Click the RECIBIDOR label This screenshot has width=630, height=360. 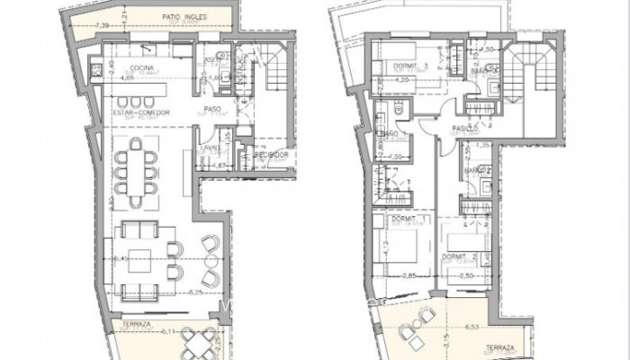coord(271,155)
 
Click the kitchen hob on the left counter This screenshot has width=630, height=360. coord(96,65)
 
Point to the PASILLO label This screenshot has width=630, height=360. coord(464,129)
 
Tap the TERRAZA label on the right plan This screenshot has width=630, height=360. coord(499,346)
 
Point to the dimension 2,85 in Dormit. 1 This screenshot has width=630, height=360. coord(409,275)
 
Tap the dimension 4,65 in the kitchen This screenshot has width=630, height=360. coord(116,78)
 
